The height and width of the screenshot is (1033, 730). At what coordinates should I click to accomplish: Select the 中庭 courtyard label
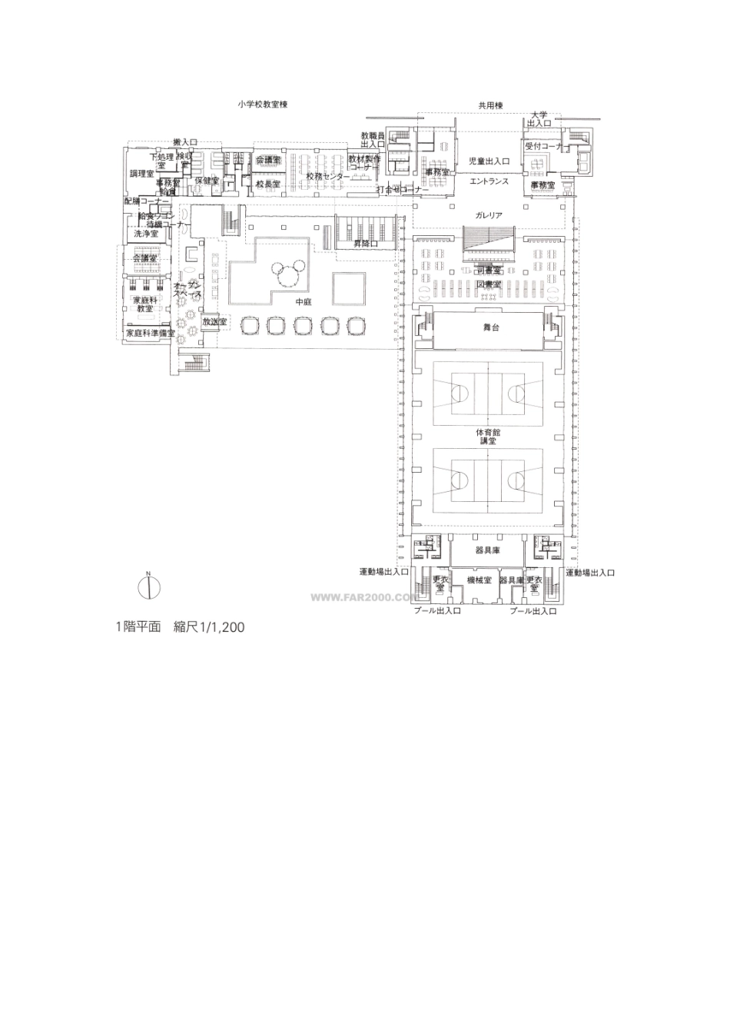pyautogui.click(x=304, y=302)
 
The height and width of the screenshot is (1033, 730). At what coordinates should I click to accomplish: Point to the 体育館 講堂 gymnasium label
pyautogui.click(x=486, y=437)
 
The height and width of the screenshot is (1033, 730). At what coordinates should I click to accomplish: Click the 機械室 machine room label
pyautogui.click(x=479, y=580)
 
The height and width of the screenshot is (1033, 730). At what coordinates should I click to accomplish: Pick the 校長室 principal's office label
pyautogui.click(x=268, y=184)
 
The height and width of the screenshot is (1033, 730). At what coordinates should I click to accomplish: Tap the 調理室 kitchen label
pyautogui.click(x=141, y=174)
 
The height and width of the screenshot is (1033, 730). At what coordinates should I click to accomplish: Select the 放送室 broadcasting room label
pyautogui.click(x=214, y=321)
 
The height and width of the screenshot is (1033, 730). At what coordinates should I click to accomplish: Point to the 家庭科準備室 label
pyautogui.click(x=151, y=334)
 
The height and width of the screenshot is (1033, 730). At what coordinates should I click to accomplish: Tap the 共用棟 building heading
pyautogui.click(x=490, y=105)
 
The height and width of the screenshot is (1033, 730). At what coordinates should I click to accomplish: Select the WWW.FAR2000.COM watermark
pyautogui.click(x=363, y=596)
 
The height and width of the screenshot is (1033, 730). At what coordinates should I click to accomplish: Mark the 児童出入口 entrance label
pyautogui.click(x=489, y=161)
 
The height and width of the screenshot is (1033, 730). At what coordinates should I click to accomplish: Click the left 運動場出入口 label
pyautogui.click(x=384, y=572)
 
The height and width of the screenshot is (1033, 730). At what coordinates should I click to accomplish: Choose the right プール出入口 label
pyautogui.click(x=533, y=611)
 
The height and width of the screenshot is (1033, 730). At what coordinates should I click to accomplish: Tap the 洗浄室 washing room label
pyautogui.click(x=146, y=233)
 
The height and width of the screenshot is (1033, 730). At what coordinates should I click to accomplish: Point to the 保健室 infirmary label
pyautogui.click(x=207, y=181)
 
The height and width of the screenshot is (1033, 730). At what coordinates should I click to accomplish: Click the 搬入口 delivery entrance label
pyautogui.click(x=185, y=142)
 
